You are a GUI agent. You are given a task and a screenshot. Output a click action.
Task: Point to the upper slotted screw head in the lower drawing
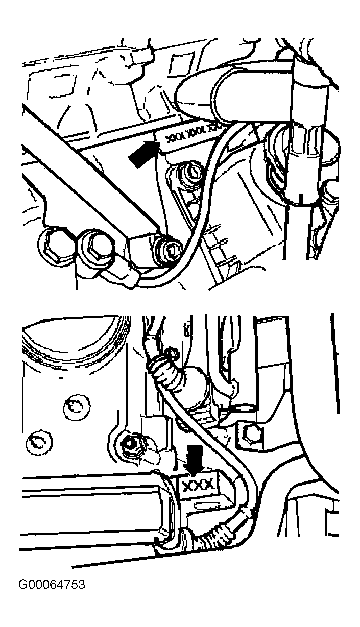coord(76,407)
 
